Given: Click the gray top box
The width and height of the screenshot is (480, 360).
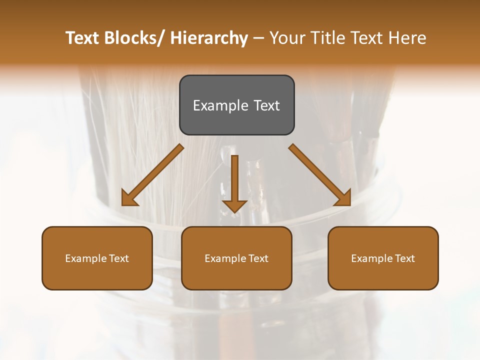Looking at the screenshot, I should (236, 105).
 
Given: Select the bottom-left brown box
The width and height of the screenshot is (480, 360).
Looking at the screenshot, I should (97, 258).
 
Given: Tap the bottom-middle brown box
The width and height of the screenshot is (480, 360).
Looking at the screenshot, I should (236, 258).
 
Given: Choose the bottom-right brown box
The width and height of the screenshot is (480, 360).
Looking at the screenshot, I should (383, 258).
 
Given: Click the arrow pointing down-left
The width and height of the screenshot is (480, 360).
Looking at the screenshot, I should (152, 175).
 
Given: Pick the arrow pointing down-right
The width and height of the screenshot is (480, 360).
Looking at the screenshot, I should (320, 175).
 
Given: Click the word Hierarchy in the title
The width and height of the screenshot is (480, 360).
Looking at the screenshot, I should (208, 38).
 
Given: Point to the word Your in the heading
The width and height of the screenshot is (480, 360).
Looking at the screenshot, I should (287, 38).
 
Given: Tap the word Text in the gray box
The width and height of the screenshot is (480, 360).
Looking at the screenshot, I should (266, 105).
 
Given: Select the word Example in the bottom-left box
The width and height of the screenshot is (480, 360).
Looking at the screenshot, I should (86, 258).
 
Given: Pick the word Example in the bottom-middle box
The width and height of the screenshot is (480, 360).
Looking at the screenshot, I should (225, 258).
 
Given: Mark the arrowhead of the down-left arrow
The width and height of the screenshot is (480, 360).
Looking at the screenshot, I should (128, 199).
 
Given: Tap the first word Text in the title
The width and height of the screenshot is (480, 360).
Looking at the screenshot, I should (82, 38).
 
